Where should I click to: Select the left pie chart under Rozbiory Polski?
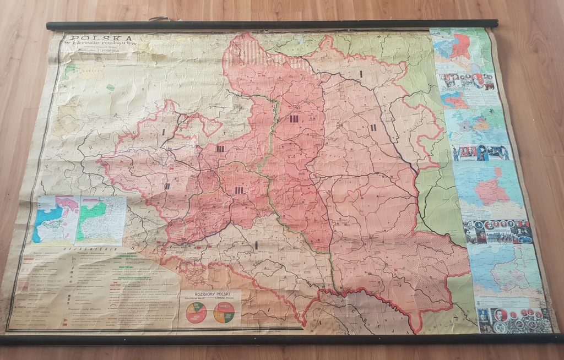point(196,312)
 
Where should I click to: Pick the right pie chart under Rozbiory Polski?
point(224,312)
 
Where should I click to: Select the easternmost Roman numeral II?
point(373,128)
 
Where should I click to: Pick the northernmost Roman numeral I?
point(361,73)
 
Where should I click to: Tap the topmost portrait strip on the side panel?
point(466,82)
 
